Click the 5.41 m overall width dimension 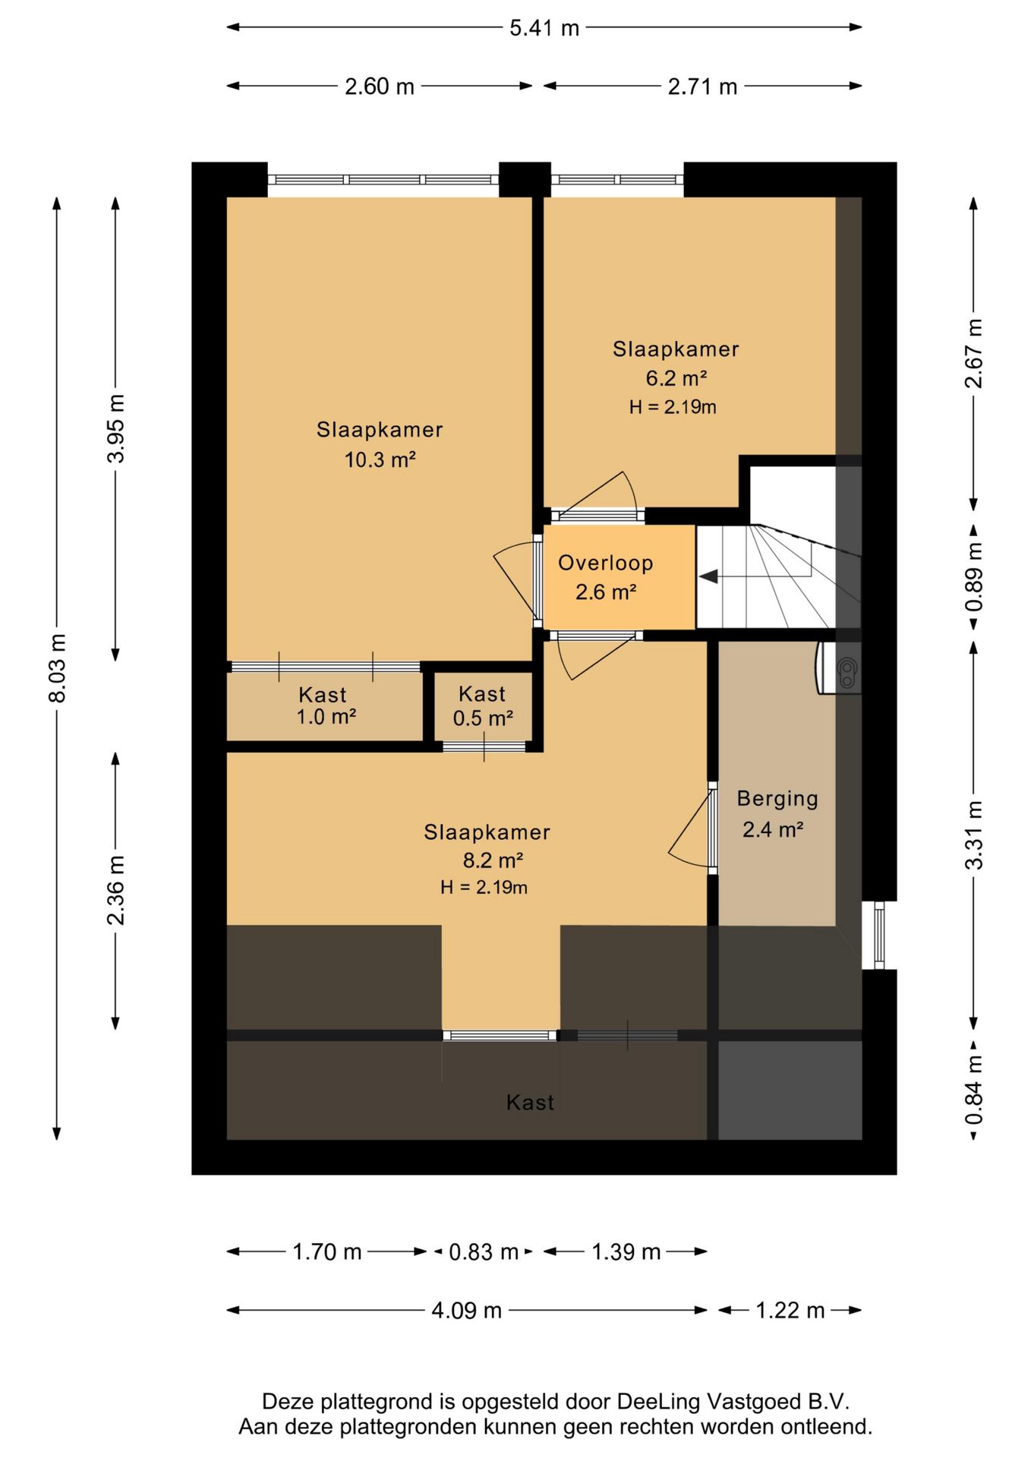tap(544, 28)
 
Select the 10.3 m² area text tap(380, 459)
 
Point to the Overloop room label tap(605, 563)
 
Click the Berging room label tap(777, 799)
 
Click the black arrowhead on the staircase tap(708, 577)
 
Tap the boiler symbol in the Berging tap(839, 668)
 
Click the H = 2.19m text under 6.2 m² tap(672, 407)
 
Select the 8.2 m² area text tap(493, 860)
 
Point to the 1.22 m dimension tap(790, 1310)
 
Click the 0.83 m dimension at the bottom tap(484, 1251)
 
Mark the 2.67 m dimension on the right tap(974, 353)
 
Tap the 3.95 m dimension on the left tap(115, 429)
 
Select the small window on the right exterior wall tap(879, 936)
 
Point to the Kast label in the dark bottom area tap(530, 1103)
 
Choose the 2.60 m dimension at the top tap(380, 87)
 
